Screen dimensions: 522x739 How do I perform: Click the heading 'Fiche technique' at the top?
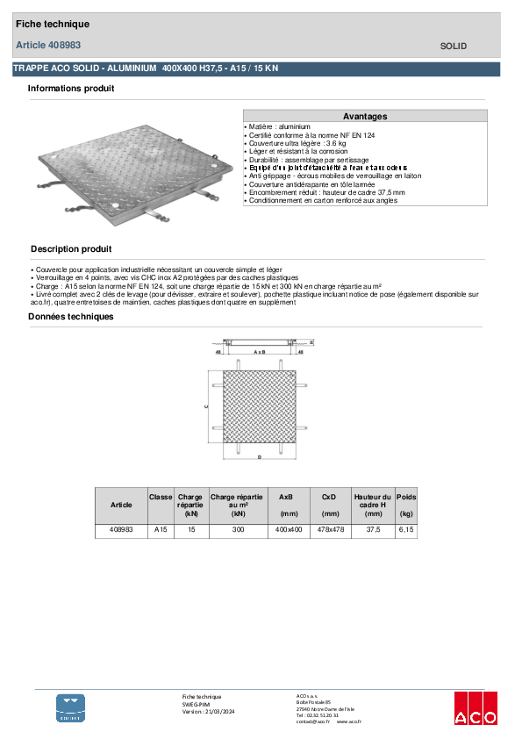tap(53, 25)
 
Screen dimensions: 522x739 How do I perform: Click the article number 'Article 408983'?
tap(49, 45)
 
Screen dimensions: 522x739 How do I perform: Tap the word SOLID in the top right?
tap(453, 46)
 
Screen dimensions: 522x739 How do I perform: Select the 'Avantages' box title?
tap(365, 116)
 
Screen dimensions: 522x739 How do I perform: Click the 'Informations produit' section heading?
tap(71, 89)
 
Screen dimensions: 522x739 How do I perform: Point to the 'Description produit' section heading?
tap(71, 249)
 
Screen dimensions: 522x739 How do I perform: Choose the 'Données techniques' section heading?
tap(71, 317)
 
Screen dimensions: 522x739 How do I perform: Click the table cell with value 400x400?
tap(289, 530)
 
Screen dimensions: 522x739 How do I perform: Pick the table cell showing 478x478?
tap(331, 530)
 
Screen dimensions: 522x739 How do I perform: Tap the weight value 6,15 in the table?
tap(406, 530)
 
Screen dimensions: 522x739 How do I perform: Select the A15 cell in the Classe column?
tap(161, 530)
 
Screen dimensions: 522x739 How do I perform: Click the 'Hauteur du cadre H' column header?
tap(374, 505)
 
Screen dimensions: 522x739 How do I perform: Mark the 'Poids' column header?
tap(406, 497)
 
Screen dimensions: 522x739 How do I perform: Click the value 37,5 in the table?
tap(374, 530)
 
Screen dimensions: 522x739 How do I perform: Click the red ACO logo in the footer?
tap(475, 708)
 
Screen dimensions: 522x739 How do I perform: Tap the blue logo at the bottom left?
tap(71, 707)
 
